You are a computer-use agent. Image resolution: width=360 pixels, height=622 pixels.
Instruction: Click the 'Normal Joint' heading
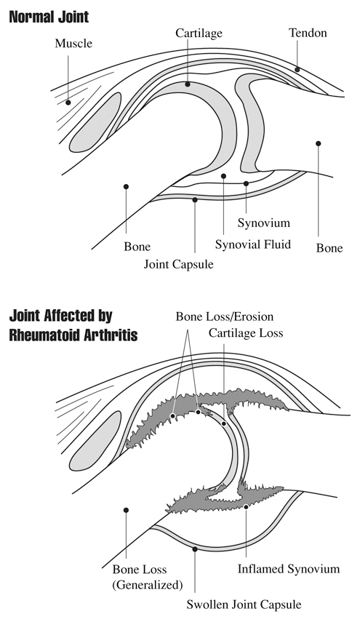(49, 17)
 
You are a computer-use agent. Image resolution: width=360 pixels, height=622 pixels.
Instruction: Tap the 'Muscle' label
(73, 43)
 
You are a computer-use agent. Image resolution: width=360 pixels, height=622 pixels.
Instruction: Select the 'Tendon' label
(308, 33)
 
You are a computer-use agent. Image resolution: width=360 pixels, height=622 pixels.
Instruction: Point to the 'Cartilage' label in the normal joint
(199, 33)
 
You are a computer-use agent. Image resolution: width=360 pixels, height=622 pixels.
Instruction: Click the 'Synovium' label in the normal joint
(264, 223)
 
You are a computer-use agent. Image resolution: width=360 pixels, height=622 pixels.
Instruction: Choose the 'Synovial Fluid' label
(253, 244)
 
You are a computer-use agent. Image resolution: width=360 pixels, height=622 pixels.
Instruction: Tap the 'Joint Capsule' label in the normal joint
(178, 264)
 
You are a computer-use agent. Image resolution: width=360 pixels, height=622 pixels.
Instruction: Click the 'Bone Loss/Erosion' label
(225, 316)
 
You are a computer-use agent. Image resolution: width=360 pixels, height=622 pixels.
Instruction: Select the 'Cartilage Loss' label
(246, 332)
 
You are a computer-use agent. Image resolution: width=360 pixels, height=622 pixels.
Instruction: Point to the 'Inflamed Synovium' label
(289, 569)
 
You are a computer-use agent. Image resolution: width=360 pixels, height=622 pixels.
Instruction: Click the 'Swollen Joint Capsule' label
(244, 605)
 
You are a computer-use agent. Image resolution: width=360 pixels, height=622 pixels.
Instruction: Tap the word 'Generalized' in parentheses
(148, 585)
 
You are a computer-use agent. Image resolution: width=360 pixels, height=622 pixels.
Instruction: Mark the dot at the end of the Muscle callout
(68, 103)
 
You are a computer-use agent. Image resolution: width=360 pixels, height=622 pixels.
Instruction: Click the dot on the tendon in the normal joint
(297, 69)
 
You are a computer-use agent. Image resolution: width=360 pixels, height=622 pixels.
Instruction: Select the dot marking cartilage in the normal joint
(188, 84)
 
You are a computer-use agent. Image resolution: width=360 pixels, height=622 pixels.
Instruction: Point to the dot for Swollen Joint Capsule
(195, 549)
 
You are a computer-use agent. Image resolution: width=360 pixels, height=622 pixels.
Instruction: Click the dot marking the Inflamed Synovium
(247, 506)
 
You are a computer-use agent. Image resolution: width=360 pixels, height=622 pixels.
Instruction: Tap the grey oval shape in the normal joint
(95, 122)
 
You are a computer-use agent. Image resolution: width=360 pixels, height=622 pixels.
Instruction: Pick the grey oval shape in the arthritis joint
(95, 441)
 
